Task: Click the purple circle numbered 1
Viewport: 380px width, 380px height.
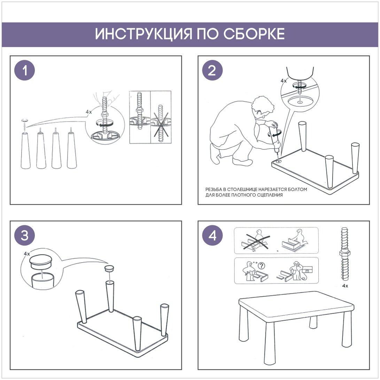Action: [x=24, y=70]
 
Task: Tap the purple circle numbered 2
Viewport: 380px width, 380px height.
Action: [x=212, y=70]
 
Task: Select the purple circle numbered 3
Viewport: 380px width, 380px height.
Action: [x=24, y=235]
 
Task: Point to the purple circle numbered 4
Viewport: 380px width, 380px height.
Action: [x=212, y=235]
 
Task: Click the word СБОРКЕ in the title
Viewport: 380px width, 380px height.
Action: [x=254, y=34]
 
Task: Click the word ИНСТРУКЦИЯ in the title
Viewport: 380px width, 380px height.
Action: [x=143, y=34]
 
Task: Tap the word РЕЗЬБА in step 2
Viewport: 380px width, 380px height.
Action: [x=214, y=189]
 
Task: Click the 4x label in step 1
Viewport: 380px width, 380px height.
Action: [x=89, y=112]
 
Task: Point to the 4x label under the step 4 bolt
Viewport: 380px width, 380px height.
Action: [x=345, y=286]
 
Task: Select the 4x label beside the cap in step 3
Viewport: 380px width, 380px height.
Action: [x=27, y=254]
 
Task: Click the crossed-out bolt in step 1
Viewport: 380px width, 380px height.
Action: [x=161, y=124]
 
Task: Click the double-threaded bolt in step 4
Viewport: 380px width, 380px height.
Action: [x=345, y=254]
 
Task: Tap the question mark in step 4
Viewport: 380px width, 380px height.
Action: [x=261, y=266]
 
